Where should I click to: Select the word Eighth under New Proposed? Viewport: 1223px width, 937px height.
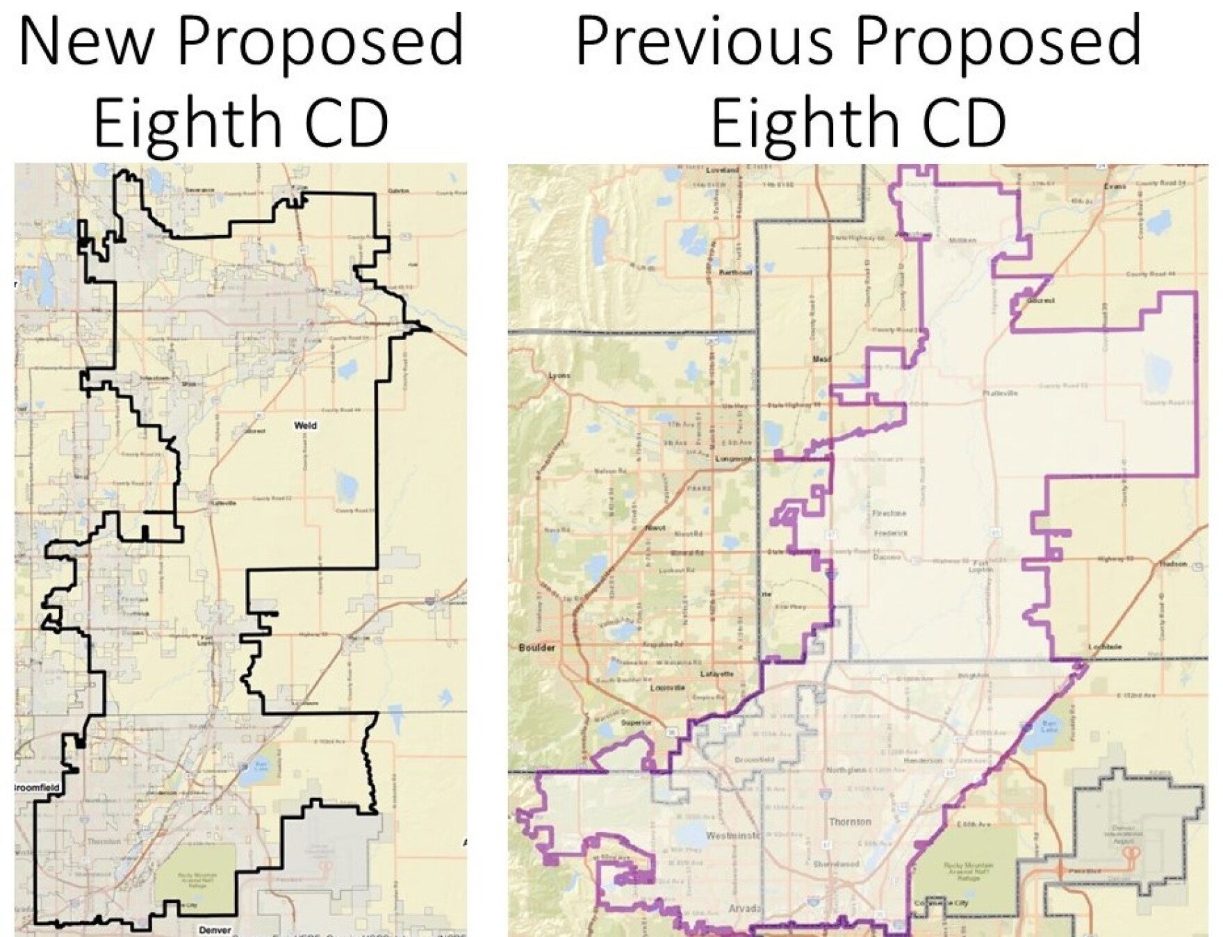tap(185, 123)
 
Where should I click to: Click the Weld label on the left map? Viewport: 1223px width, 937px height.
tap(305, 425)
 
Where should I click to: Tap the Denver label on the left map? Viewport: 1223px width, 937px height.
tap(215, 930)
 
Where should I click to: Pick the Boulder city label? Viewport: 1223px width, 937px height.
tap(536, 648)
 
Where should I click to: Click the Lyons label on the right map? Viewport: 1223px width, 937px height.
tap(559, 375)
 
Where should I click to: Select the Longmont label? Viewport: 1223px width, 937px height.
tap(735, 459)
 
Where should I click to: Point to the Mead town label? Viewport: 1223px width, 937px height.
tap(821, 359)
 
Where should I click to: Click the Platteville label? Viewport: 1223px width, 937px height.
tap(1001, 393)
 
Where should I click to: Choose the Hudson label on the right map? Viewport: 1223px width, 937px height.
tap(1173, 564)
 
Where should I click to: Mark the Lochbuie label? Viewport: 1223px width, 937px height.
tap(1105, 647)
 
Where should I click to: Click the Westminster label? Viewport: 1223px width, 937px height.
tap(734, 835)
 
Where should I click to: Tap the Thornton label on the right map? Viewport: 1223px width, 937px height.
tap(849, 822)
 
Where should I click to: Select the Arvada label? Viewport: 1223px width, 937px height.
tap(745, 909)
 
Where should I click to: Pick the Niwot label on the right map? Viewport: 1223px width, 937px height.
tap(655, 528)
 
